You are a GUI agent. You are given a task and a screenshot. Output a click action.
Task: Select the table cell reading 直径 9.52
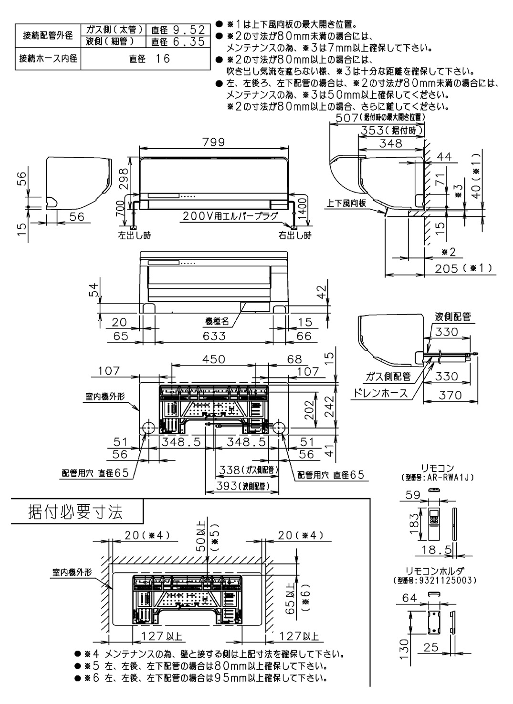[178, 30]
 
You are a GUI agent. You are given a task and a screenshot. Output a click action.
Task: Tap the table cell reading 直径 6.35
[178, 42]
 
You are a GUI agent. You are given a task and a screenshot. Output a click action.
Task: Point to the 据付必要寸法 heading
[76, 512]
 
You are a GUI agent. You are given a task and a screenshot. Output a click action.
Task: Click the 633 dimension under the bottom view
[214, 336]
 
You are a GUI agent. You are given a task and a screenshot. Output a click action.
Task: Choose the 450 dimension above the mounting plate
[213, 359]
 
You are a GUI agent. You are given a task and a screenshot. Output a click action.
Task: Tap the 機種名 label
[218, 322]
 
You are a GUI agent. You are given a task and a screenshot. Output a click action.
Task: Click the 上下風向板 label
[346, 203]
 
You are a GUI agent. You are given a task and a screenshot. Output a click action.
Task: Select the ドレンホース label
[380, 393]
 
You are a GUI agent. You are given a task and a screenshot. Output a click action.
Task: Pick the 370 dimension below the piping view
[450, 395]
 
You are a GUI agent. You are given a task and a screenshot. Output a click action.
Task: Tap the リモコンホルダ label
[434, 571]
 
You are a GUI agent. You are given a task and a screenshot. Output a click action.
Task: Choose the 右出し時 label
[295, 235]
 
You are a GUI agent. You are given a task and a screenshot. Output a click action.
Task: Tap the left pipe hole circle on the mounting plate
[147, 427]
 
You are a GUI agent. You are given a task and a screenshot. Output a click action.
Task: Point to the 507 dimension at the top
[378, 117]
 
